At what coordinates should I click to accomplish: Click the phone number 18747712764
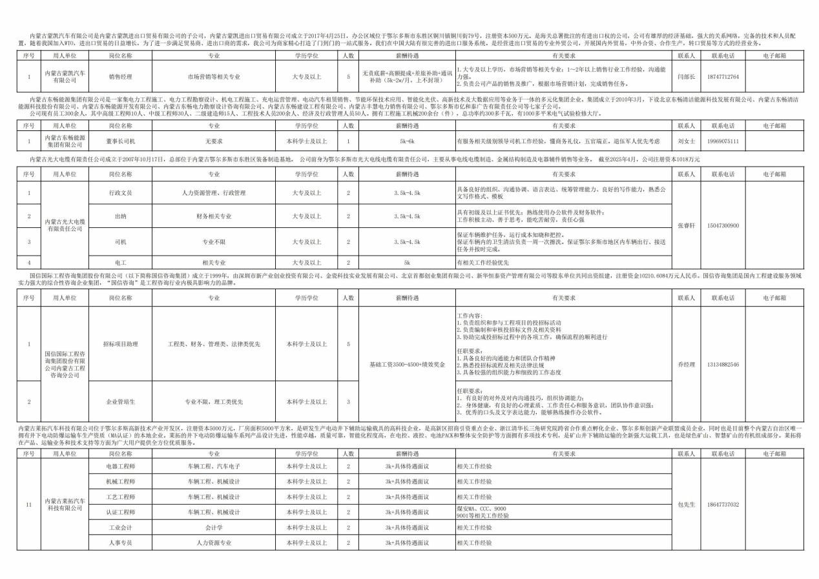[x=723, y=76]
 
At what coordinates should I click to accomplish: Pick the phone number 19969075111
[x=723, y=140]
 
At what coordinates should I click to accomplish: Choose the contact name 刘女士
[x=687, y=140]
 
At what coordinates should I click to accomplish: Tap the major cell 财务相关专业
[x=213, y=216]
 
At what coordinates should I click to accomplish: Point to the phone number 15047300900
[x=723, y=225]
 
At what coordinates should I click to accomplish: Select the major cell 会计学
[x=213, y=527]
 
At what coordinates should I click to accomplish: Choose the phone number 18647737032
[x=723, y=504]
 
